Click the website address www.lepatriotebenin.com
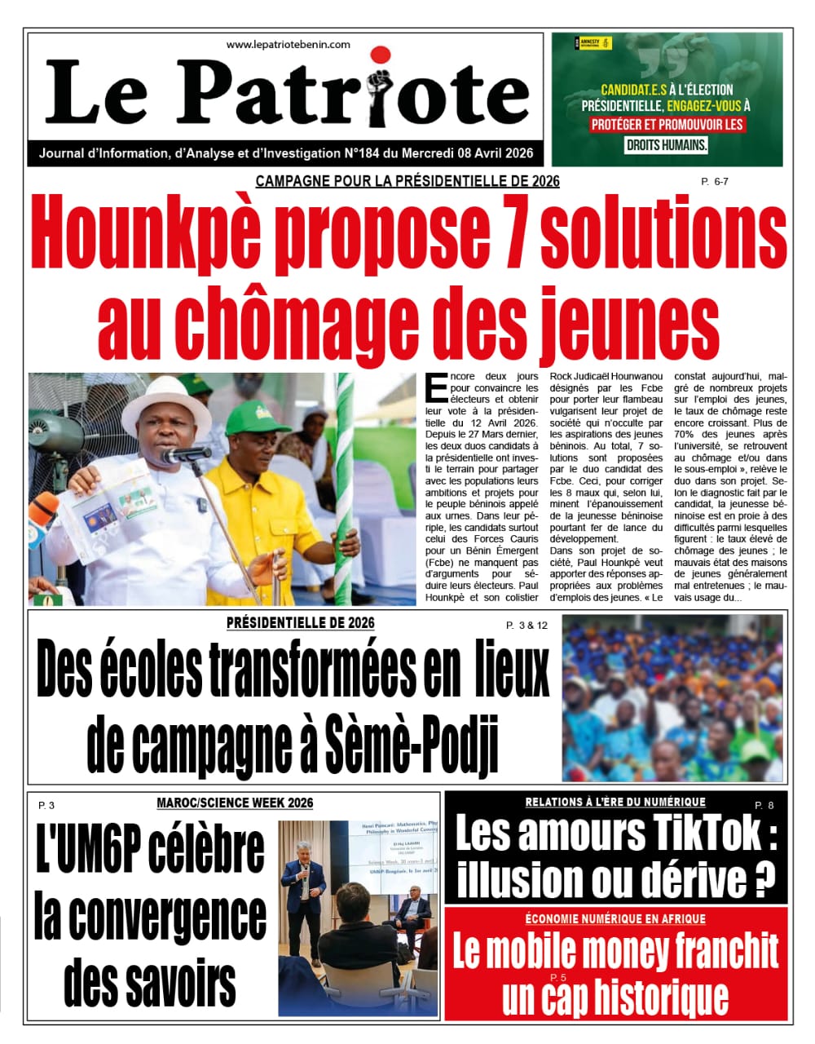point(288,45)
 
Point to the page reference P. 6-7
point(714,182)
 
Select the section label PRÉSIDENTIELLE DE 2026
point(300,623)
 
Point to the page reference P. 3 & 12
point(526,626)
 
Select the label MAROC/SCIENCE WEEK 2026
point(235,803)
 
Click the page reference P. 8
point(764,806)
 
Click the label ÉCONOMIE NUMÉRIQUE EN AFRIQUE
point(615,919)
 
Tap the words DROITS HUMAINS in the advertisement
point(666,146)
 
